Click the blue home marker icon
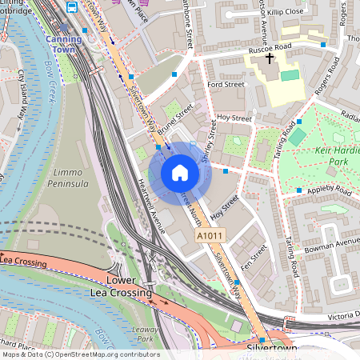pos(180,172)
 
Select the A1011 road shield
pos(210,237)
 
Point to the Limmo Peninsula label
pos(70,178)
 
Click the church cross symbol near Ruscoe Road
pos(270,58)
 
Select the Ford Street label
pos(224,83)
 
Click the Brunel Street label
pos(175,116)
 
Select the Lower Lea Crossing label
pos(130,287)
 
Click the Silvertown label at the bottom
pos(270,350)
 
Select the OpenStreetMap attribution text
pos(80,354)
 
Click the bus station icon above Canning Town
pos(72,7)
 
